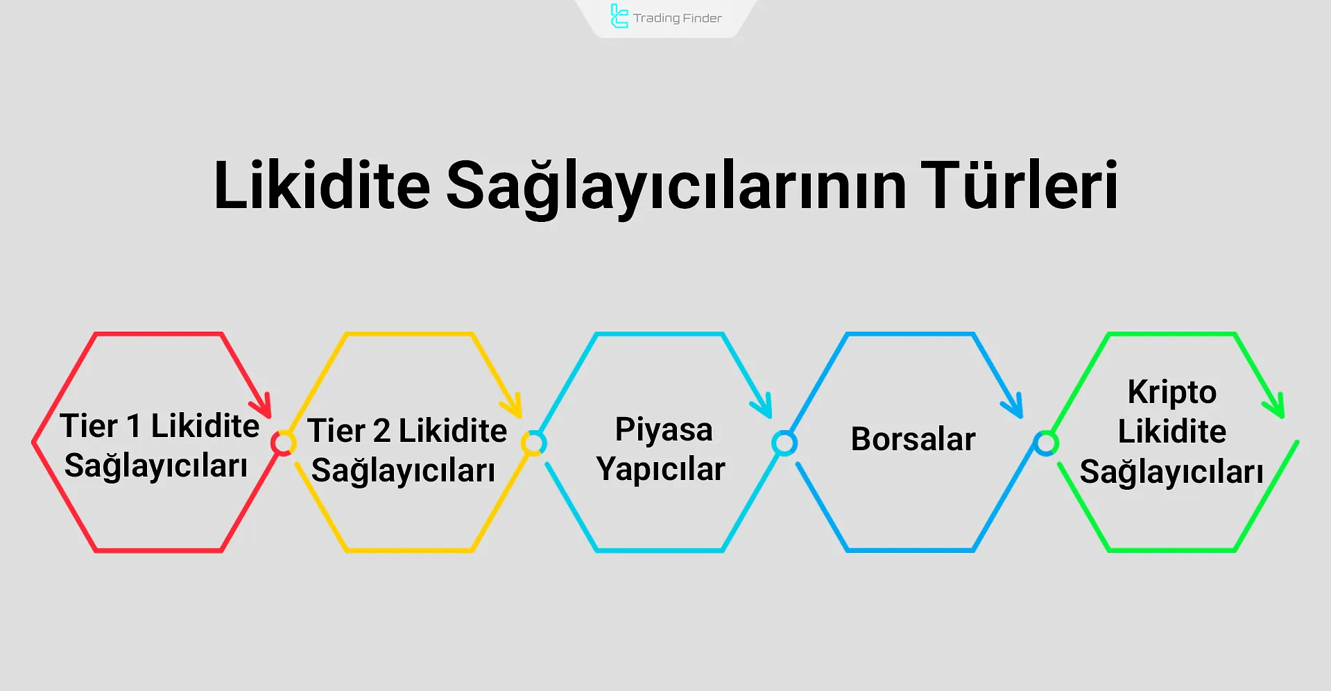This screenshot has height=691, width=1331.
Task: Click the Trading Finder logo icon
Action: [619, 17]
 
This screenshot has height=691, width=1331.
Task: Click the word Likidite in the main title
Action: [322, 186]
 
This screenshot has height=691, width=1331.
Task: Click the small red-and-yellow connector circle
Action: [283, 443]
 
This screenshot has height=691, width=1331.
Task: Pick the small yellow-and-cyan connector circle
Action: [533, 443]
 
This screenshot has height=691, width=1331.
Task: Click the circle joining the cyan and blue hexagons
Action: [784, 443]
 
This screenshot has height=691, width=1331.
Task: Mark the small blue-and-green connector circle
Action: [1045, 443]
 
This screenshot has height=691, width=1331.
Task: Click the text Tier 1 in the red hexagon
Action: [101, 426]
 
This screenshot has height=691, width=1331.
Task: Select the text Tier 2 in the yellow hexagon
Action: [348, 431]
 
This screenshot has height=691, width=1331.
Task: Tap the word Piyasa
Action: [664, 429]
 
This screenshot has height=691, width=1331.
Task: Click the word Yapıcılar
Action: [660, 469]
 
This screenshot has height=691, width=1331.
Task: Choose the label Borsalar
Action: [913, 439]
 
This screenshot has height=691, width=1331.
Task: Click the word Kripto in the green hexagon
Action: [1171, 392]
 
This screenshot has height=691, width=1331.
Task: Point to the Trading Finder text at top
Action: [677, 18]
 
